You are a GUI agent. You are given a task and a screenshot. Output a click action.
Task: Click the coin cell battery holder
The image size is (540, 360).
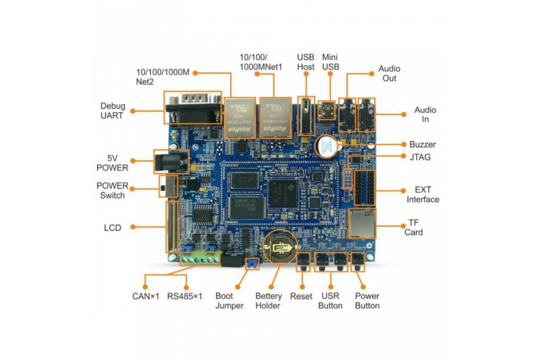tap(280, 247)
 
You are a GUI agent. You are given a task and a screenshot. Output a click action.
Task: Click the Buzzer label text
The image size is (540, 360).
tap(423, 145)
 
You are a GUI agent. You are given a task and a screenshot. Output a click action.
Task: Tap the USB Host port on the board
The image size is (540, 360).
tap(306, 116)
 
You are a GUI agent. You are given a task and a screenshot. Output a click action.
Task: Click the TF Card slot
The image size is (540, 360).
tap(362, 224)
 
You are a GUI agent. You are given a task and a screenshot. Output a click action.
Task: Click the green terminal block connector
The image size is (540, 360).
tap(200, 260)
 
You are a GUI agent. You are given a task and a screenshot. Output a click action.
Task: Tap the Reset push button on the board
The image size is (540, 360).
tap(304, 262)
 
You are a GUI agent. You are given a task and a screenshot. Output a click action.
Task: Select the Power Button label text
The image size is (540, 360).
tap(367, 301)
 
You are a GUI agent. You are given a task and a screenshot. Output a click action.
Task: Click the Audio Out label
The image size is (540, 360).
tap(389, 73)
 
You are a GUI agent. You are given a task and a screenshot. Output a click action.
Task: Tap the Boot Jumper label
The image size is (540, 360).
tap(229, 301)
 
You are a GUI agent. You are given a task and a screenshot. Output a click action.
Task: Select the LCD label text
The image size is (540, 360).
tap(112, 228)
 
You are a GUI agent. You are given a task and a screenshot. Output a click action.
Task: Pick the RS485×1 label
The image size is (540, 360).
tap(185, 297)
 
